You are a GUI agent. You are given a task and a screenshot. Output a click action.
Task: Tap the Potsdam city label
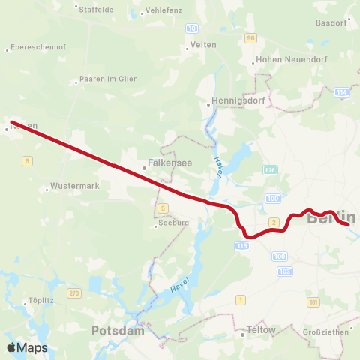(x=116, y=330)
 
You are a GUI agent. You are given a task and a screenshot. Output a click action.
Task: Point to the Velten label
(x=204, y=45)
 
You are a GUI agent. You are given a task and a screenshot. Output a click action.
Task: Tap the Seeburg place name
(x=173, y=223)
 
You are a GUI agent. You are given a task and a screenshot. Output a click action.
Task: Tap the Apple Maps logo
(x=27, y=347)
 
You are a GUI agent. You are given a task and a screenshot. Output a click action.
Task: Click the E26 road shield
(x=269, y=172)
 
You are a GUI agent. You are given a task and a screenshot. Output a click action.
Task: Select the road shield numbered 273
(x=73, y=292)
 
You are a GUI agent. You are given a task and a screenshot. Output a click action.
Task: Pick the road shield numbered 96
(x=250, y=37)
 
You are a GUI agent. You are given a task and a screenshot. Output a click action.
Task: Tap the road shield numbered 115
(x=241, y=245)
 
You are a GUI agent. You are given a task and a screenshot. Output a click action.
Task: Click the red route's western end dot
(x=12, y=122)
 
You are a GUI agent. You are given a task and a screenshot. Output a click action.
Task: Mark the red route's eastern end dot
(x=348, y=223)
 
